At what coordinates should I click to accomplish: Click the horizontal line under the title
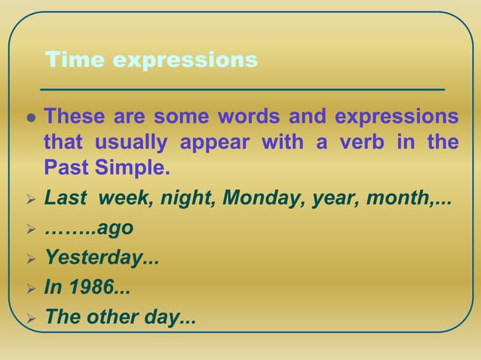pyautogui.click(x=241, y=89)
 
